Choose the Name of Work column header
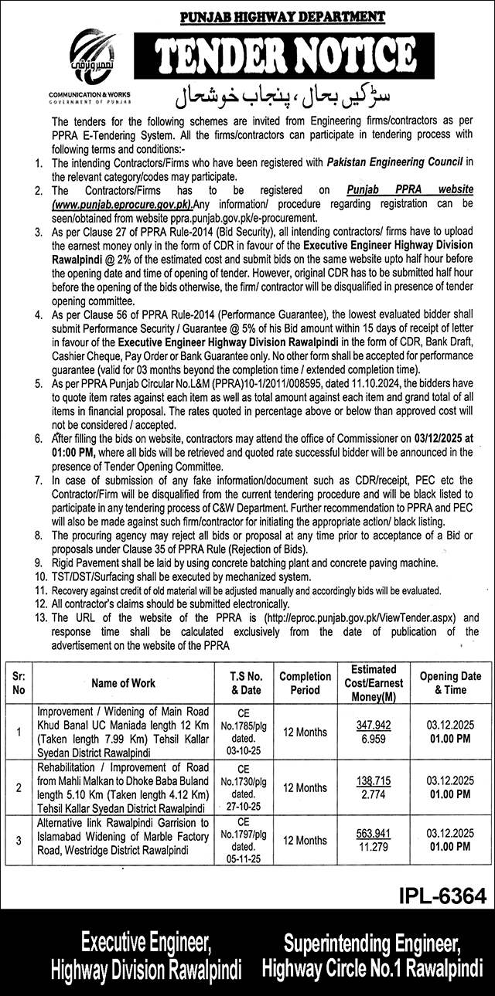(x=123, y=683)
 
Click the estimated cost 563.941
(x=374, y=834)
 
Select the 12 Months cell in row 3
(x=305, y=840)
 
